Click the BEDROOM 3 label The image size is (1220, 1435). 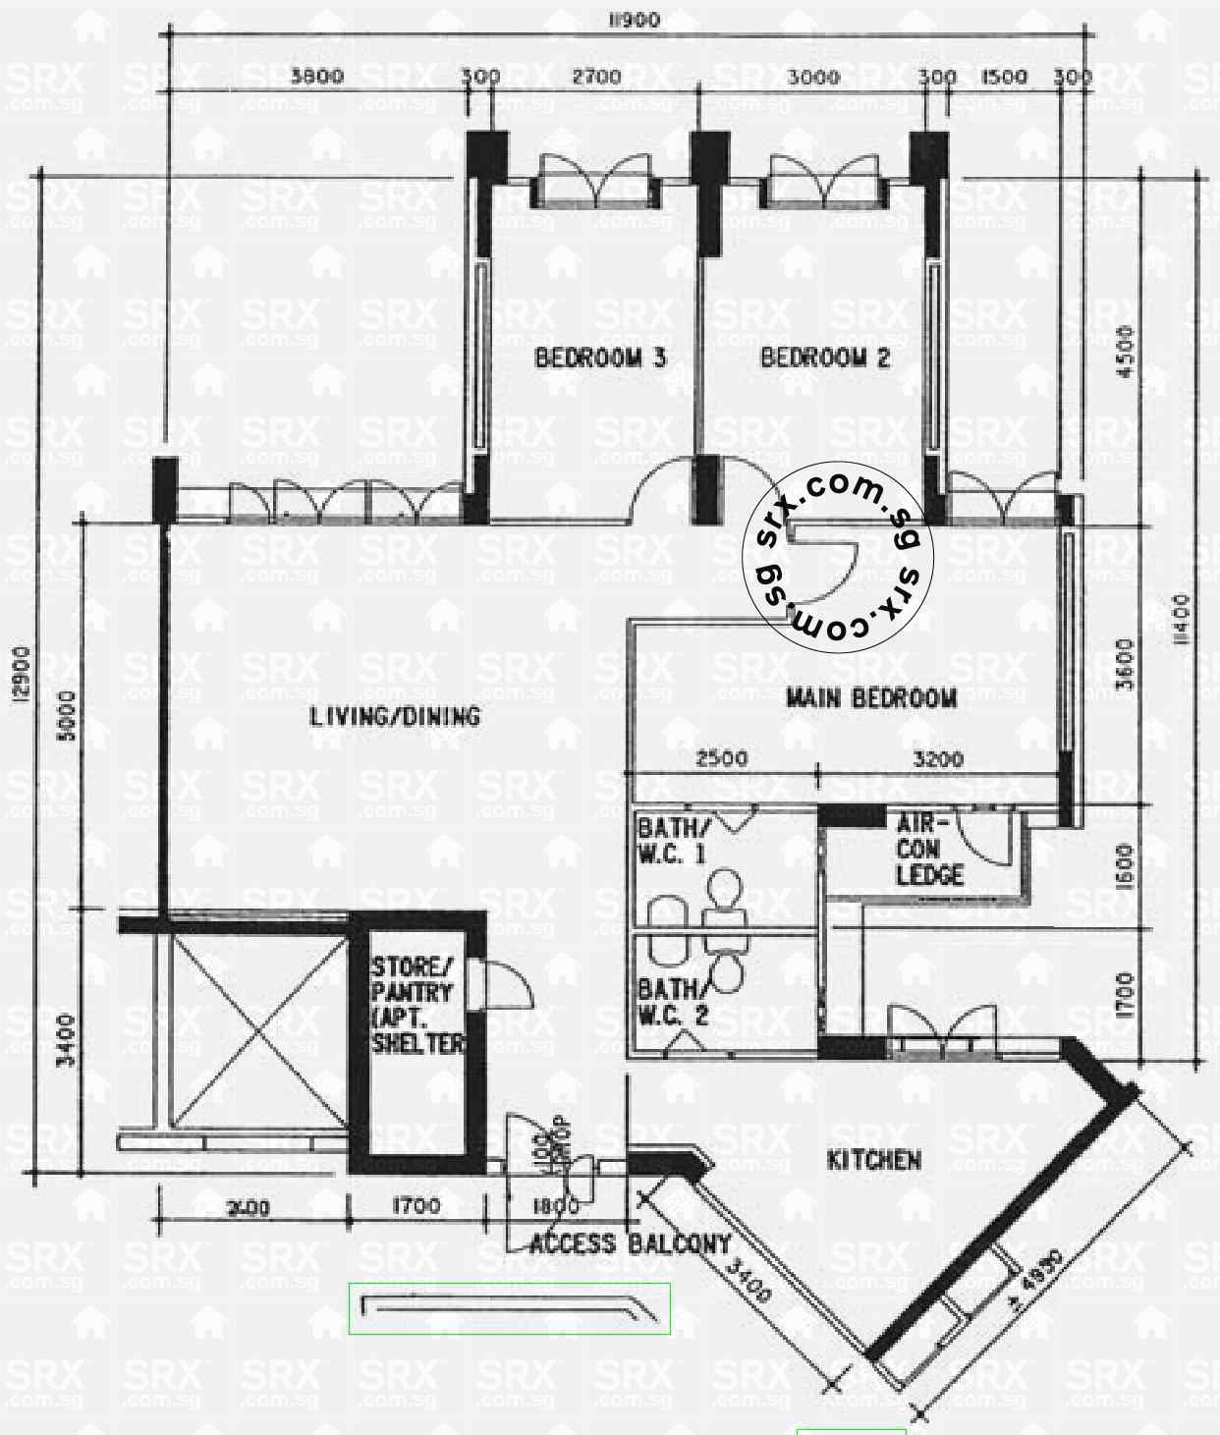(x=600, y=358)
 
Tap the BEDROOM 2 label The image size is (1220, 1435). (x=825, y=358)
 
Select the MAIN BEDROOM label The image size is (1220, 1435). (x=871, y=698)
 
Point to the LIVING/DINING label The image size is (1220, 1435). (x=396, y=716)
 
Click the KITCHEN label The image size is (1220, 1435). (x=874, y=1160)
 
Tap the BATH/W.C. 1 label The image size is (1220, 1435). (x=671, y=840)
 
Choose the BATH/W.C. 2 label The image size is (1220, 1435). (x=673, y=1002)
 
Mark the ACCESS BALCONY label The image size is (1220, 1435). (x=630, y=1244)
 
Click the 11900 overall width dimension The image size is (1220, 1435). (x=635, y=20)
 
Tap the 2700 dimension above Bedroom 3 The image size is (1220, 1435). (x=597, y=77)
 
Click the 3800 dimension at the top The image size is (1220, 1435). (x=317, y=77)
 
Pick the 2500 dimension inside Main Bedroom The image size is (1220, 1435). (x=722, y=758)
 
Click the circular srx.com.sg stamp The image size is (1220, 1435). (x=838, y=559)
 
